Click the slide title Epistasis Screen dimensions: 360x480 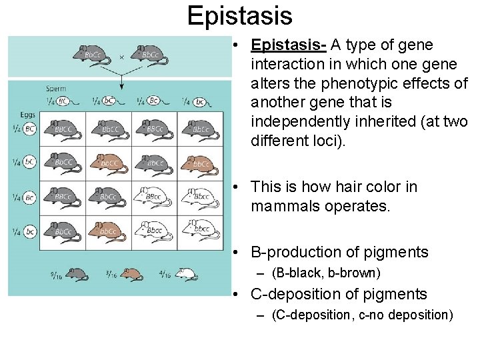click(239, 16)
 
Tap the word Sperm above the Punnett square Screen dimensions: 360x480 click(56, 88)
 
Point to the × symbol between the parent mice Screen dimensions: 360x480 click(121, 57)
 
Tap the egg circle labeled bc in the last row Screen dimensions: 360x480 click(30, 231)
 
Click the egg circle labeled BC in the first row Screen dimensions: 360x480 click(30, 129)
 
